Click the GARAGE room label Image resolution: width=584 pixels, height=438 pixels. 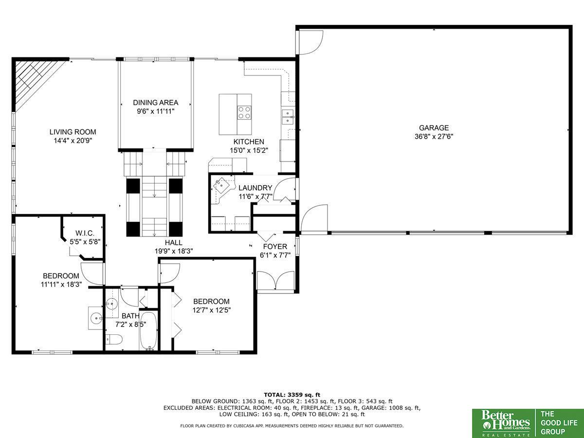[x=434, y=128]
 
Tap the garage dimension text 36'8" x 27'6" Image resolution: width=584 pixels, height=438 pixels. [x=434, y=137]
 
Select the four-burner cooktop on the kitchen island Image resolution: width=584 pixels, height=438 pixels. [x=244, y=112]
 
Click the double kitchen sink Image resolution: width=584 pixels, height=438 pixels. [x=288, y=117]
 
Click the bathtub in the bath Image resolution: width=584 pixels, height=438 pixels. [x=148, y=331]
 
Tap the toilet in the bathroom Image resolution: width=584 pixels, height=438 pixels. [x=114, y=340]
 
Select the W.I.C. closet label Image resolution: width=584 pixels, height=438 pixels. [x=85, y=233]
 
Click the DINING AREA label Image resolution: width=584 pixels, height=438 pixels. [x=156, y=103]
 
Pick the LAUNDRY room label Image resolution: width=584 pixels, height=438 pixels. [x=255, y=188]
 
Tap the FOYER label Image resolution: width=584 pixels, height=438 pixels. [x=275, y=247]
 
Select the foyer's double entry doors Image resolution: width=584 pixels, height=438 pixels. [x=276, y=281]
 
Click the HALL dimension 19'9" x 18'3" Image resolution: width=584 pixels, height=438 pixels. [x=174, y=251]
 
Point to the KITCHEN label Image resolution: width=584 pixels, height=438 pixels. [x=249, y=142]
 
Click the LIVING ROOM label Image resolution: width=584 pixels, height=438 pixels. [x=73, y=132]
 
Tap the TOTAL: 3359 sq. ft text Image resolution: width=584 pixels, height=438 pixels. [x=292, y=395]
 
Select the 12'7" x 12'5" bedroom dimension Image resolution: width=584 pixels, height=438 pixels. [x=212, y=310]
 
